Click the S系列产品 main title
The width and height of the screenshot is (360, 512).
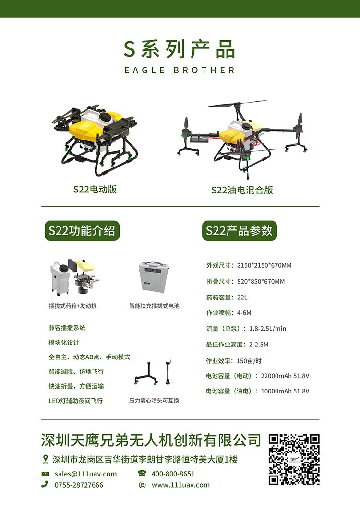pyautogui.click(x=180, y=49)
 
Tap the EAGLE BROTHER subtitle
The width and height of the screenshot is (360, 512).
pyautogui.click(x=180, y=70)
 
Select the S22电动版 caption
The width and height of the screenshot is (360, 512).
pyautogui.click(x=95, y=190)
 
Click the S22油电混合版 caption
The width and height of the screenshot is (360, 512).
pyautogui.click(x=242, y=190)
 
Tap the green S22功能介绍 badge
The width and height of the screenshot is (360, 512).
pyautogui.click(x=82, y=231)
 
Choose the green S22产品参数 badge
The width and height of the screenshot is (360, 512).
pyautogui.click(x=240, y=231)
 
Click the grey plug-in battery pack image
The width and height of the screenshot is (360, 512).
pyautogui.click(x=154, y=276)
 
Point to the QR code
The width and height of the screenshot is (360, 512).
pyautogui.click(x=294, y=459)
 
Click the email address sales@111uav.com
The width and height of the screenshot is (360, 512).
pyautogui.click(x=85, y=474)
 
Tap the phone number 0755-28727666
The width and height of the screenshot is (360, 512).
pyautogui.click(x=79, y=485)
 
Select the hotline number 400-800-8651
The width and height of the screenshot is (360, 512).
pyautogui.click(x=173, y=474)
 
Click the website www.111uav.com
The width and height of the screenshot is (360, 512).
pyautogui.click(x=180, y=485)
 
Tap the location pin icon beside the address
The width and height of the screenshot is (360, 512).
pyautogui.click(x=46, y=459)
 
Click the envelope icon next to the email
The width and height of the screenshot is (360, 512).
pyautogui.click(x=46, y=474)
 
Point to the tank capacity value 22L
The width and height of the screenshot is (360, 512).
pyautogui.click(x=242, y=298)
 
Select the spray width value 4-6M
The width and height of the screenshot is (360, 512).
pyautogui.click(x=244, y=313)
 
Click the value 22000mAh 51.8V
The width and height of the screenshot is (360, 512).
pyautogui.click(x=285, y=376)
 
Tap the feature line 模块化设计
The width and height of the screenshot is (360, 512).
pyautogui.click(x=64, y=343)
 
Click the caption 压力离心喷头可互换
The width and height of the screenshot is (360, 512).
pyautogui.click(x=154, y=401)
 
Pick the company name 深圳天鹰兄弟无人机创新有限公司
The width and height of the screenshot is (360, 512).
pyautogui.click(x=151, y=440)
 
